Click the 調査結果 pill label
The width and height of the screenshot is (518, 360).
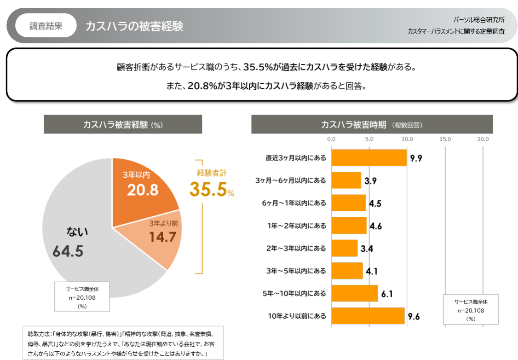pyautogui.click(x=46, y=26)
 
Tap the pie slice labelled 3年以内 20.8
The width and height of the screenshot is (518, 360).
pyautogui.click(x=143, y=186)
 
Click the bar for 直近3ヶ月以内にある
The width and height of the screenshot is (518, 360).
pyautogui.click(x=368, y=158)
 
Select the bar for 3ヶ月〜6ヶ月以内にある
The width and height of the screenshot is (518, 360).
pyautogui.click(x=346, y=180)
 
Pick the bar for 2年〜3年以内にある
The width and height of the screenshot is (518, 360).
pyautogui.click(x=344, y=249)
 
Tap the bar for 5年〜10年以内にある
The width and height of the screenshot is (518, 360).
pyautogui.click(x=354, y=294)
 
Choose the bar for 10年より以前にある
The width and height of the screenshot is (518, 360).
pyautogui.click(x=368, y=316)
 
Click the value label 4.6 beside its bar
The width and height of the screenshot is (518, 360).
pyautogui.click(x=376, y=226)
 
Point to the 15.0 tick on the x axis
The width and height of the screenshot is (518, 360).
pyautogui.click(x=445, y=139)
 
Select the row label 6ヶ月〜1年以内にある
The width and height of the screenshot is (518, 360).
pyautogui.click(x=296, y=203)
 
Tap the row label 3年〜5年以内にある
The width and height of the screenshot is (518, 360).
pyautogui.click(x=296, y=271)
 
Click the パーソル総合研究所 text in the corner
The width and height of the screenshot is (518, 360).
pyautogui.click(x=478, y=20)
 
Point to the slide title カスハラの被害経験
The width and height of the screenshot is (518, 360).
pyautogui.click(x=134, y=26)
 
